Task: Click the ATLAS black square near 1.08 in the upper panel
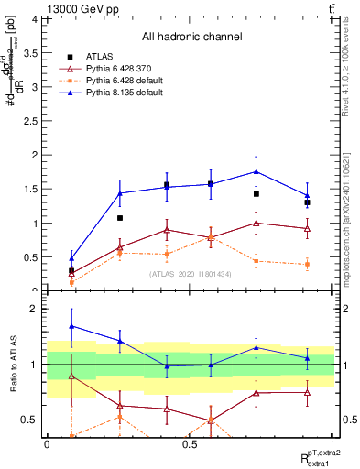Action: pyautogui.click(x=120, y=218)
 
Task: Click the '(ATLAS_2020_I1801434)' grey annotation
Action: pyautogui.click(x=191, y=274)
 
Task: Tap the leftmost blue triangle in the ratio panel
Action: pyautogui.click(x=72, y=326)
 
